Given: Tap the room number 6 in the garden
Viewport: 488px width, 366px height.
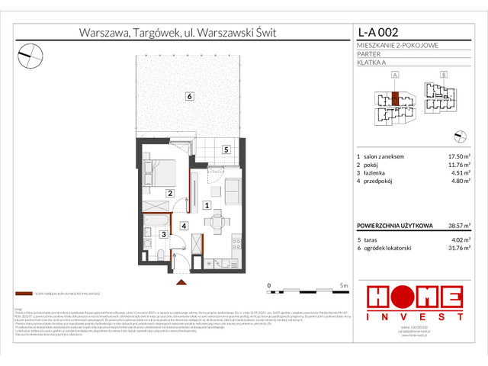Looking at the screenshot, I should tap(188, 95).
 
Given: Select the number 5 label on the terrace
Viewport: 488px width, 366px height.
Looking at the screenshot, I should tap(226, 149).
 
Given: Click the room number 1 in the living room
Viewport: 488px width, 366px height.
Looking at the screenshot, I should tap(207, 205).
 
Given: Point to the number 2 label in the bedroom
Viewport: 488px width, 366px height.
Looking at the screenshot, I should tap(170, 193).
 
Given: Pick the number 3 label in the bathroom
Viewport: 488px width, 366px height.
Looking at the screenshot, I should tap(165, 235).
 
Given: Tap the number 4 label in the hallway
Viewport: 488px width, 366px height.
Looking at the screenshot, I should tap(184, 226).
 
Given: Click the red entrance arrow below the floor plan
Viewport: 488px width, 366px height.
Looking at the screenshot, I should tap(181, 282).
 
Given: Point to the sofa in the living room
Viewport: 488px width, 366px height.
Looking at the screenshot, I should tap(232, 188).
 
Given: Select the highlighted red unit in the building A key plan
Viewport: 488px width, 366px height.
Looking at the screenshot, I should tap(395, 100).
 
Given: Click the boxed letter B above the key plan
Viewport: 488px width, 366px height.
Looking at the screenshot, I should tap(445, 75).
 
